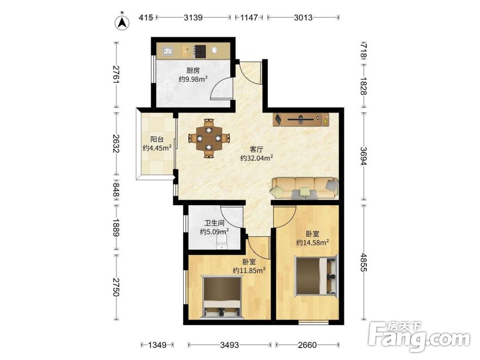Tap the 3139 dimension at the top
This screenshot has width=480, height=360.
pos(193,18)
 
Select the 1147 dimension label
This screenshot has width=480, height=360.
pos(249,18)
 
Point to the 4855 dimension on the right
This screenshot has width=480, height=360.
pos(364,262)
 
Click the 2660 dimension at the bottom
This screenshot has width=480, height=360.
pos(308,345)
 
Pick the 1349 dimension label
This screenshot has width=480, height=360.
pos(157,345)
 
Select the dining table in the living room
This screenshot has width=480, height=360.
pos(209,138)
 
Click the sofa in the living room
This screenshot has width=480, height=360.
pos(304,188)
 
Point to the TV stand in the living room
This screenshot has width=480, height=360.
pos(301,119)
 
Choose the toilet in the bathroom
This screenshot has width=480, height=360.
pos(221,242)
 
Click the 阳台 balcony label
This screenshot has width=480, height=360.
pos(157,140)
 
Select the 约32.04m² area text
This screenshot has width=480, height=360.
pos(257,158)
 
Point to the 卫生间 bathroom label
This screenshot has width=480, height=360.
pos(214,223)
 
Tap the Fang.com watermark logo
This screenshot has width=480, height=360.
pos(420,336)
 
